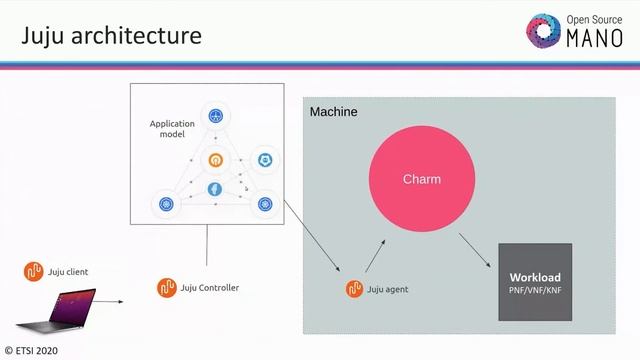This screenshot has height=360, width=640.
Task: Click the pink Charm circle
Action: pyautogui.click(x=421, y=180)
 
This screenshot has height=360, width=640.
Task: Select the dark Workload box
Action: pyautogui.click(x=535, y=281)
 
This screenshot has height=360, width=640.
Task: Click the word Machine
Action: pyautogui.click(x=333, y=112)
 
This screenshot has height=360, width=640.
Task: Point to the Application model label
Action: pyautogui.click(x=172, y=128)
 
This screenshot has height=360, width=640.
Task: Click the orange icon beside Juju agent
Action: pyautogui.click(x=354, y=289)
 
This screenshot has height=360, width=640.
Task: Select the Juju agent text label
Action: pyautogui.click(x=387, y=290)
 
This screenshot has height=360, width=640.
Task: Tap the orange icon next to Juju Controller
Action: pyautogui.click(x=166, y=288)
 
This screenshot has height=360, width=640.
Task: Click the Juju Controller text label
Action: pyautogui.click(x=210, y=288)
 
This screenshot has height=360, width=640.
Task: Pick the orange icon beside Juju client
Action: pyautogui.click(x=34, y=271)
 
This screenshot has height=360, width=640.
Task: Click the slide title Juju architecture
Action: pyautogui.click(x=111, y=36)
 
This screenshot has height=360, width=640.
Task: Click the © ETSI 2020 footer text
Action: pyautogui.click(x=31, y=351)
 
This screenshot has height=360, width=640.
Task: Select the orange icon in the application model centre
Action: pyautogui.click(x=215, y=160)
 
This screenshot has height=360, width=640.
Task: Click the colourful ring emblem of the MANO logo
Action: pyautogui.click(x=546, y=30)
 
